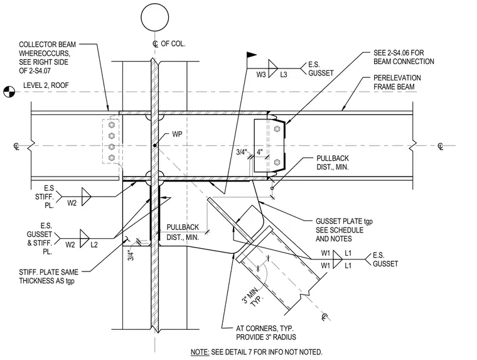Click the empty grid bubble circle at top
pyautogui.click(x=155, y=18)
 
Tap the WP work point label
pyautogui.click(x=177, y=134)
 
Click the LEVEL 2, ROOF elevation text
pyautogui.click(x=46, y=85)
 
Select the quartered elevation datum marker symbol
pyautogui.click(x=9, y=92)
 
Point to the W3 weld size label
pyautogui.click(x=261, y=75)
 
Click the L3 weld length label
pyautogui.click(x=284, y=75)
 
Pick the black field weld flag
pyautogui.click(x=251, y=55)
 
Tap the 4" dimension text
pyautogui.click(x=259, y=151)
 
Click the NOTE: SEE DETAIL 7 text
pyautogui.click(x=257, y=352)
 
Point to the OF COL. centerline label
pyautogui.click(x=173, y=44)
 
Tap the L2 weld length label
pyautogui.click(x=94, y=244)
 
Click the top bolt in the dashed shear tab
pyautogui.click(x=112, y=125)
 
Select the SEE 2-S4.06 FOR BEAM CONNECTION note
pyautogui.click(x=404, y=57)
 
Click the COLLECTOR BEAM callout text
pyautogui.click(x=48, y=58)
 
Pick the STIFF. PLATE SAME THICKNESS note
pyautogui.click(x=49, y=276)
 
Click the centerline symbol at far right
pyautogui.click(x=440, y=146)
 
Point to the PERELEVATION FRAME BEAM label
pyautogui.click(x=397, y=82)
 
